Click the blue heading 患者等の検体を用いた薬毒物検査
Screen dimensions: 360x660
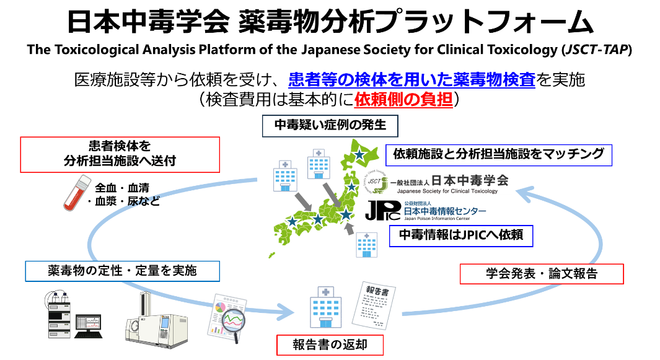[412, 80]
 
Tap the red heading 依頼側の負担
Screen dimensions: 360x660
[403, 99]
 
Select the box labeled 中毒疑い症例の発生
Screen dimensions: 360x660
[330, 126]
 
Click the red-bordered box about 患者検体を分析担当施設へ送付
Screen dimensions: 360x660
[120, 154]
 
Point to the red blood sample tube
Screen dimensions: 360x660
[77, 192]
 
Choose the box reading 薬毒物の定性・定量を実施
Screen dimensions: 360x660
[122, 271]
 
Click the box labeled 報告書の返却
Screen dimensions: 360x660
[330, 345]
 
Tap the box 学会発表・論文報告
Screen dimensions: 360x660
[541, 274]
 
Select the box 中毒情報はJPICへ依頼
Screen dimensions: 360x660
[460, 235]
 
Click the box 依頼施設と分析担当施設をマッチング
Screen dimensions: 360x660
[498, 155]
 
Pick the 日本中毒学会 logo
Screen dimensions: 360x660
[437, 182]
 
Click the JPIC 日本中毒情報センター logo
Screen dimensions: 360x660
[425, 210]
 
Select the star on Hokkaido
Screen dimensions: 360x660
[359, 154]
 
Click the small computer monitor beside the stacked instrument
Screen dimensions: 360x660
[87, 323]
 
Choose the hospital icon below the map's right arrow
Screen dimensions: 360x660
[366, 244]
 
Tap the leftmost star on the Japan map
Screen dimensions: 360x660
[292, 221]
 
